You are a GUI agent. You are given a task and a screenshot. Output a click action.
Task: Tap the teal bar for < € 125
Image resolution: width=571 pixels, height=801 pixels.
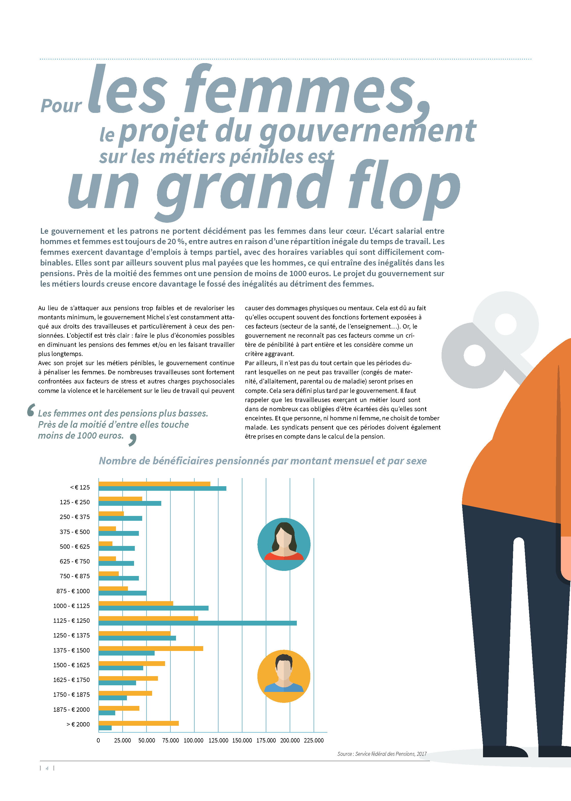click(x=163, y=488)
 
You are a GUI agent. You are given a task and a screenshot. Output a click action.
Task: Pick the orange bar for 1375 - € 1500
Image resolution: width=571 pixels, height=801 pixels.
click(x=151, y=648)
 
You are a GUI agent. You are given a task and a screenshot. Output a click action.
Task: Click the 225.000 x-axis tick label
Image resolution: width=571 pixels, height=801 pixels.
click(x=314, y=740)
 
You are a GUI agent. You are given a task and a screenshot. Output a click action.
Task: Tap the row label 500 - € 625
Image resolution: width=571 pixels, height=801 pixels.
click(x=75, y=546)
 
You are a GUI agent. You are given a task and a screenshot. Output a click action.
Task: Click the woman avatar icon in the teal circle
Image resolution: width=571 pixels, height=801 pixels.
click(x=284, y=544)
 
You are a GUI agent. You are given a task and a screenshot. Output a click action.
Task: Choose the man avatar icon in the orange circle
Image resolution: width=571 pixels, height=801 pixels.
click(x=284, y=676)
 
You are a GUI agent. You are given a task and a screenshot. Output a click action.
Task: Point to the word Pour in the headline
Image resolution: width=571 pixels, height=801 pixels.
click(x=61, y=106)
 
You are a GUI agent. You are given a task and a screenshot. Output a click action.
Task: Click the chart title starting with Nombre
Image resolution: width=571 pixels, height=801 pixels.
click(x=263, y=461)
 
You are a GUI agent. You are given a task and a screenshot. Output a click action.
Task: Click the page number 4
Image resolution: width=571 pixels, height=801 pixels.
click(x=47, y=768)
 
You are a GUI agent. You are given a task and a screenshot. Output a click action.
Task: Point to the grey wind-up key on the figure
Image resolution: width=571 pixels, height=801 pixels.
click(x=489, y=341)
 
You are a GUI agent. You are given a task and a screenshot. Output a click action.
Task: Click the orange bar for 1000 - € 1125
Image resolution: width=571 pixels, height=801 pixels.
click(x=136, y=603)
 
